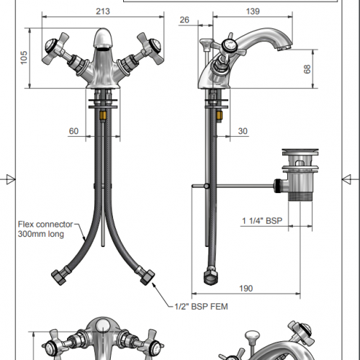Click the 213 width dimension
pyautogui.click(x=103, y=12)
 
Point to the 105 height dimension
pyautogui.click(x=24, y=58)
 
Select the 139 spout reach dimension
pyautogui.click(x=253, y=12)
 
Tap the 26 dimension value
pyautogui.click(x=184, y=20)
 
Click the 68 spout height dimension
pyautogui.click(x=307, y=69)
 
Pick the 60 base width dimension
pyautogui.click(x=73, y=131)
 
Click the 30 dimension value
pyautogui.click(x=243, y=131)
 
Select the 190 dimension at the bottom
pyautogui.click(x=246, y=288)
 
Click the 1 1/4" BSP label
pyautogui.click(x=262, y=221)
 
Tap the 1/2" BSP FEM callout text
pyautogui.click(x=201, y=307)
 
